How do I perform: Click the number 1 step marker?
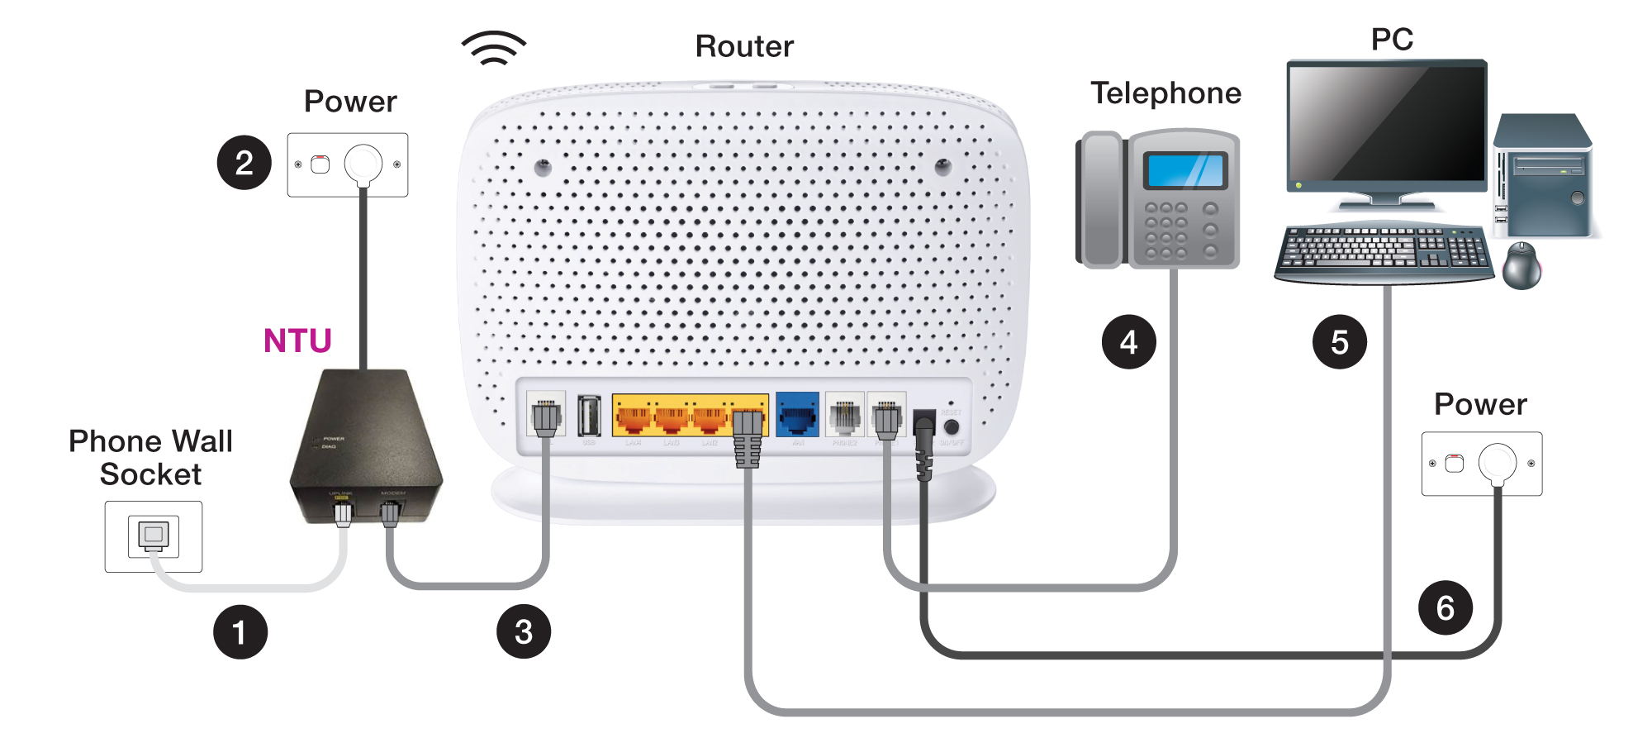[x=240, y=632]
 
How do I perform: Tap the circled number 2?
[x=244, y=163]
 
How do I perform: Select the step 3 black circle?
[x=524, y=632]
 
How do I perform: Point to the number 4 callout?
[x=1128, y=341]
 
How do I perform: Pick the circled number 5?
[x=1339, y=341]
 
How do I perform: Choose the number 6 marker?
[x=1445, y=608]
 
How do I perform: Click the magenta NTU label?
[x=297, y=340]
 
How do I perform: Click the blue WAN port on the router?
[x=797, y=415]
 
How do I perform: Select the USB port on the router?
[x=589, y=415]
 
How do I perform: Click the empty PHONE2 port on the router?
[x=844, y=415]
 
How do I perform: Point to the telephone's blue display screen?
[x=1185, y=171]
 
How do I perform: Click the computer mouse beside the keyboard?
[x=1521, y=265]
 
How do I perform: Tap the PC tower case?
[x=1542, y=179]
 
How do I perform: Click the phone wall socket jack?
[x=153, y=536]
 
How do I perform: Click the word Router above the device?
[x=744, y=46]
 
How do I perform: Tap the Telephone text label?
[x=1165, y=93]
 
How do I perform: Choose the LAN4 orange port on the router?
[x=633, y=415]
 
